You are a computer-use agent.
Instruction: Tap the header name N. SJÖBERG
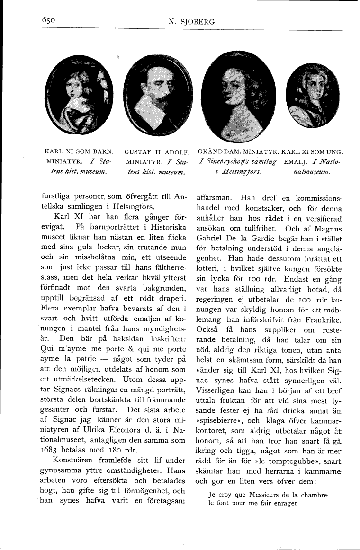click(x=191, y=21)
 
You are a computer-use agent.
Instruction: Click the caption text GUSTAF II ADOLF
click(x=157, y=152)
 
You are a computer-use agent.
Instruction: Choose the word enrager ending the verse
click(x=284, y=503)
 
